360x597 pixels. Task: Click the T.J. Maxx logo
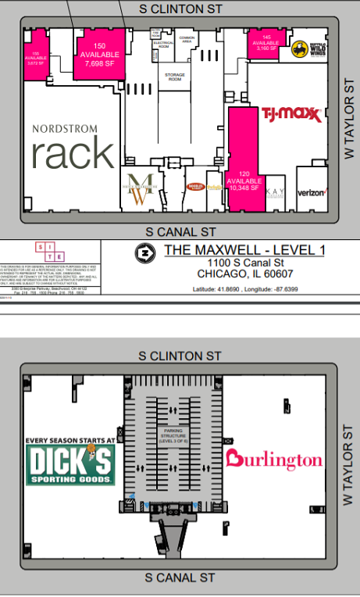291,114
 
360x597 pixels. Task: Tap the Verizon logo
311,192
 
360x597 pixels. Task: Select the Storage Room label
173,77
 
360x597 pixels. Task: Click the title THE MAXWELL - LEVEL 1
244,250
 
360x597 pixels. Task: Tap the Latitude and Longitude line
244,289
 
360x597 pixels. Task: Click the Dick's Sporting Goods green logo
71,464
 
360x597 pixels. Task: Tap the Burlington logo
273,459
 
